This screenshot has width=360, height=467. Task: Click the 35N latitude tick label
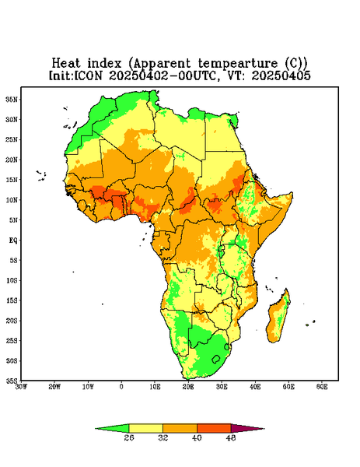point(12,99)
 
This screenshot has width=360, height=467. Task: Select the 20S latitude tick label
point(12,321)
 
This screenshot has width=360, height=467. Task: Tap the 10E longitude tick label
point(155,387)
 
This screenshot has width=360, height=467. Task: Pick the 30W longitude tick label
point(21,387)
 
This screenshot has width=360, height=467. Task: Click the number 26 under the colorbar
point(129,437)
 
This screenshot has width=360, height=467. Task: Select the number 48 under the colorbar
point(231,437)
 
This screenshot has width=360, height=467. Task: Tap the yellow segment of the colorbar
point(145,428)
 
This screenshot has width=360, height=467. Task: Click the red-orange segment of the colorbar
point(214,428)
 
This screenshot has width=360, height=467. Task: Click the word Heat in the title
point(66,63)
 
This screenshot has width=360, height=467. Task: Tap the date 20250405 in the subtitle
point(281,75)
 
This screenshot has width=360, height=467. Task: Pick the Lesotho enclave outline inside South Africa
point(216,359)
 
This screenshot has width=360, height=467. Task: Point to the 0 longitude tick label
point(121,387)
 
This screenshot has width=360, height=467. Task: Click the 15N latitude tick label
point(12,180)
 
